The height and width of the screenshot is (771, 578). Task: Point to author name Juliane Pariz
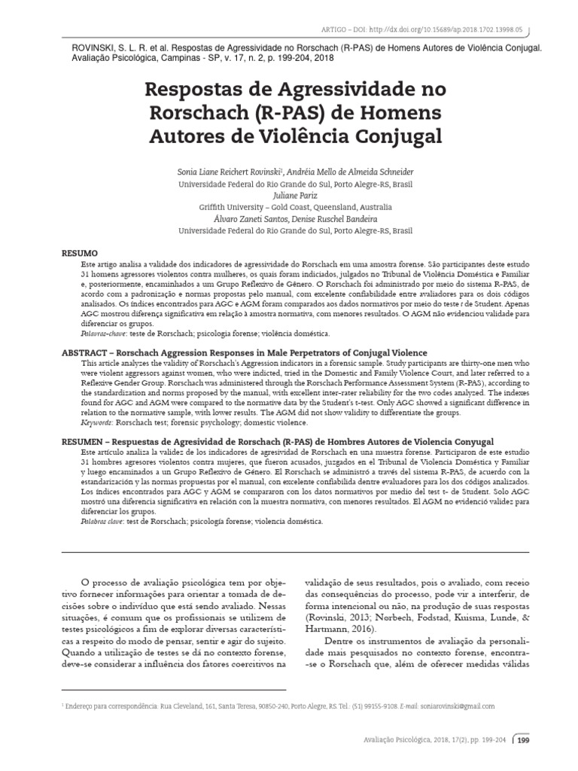click(x=288, y=194)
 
